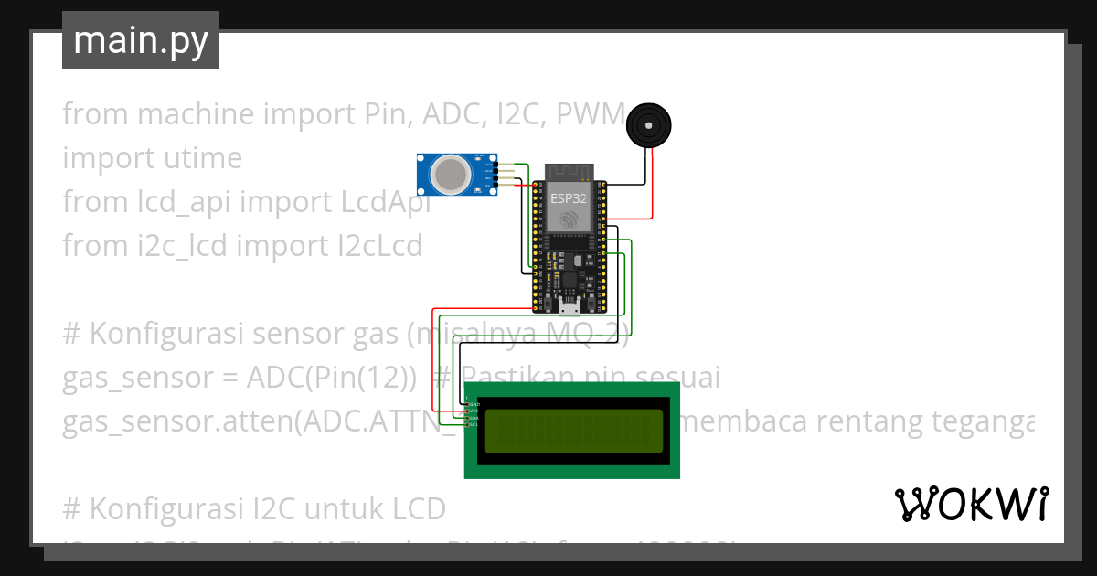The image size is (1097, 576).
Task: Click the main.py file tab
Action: click(140, 41)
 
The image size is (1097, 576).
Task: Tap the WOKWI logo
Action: click(971, 504)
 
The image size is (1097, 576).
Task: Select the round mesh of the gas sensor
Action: click(450, 174)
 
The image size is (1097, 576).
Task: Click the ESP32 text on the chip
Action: click(569, 197)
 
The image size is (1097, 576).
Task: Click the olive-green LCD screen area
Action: click(572, 431)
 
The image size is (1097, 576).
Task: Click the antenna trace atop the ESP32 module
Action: click(570, 172)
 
